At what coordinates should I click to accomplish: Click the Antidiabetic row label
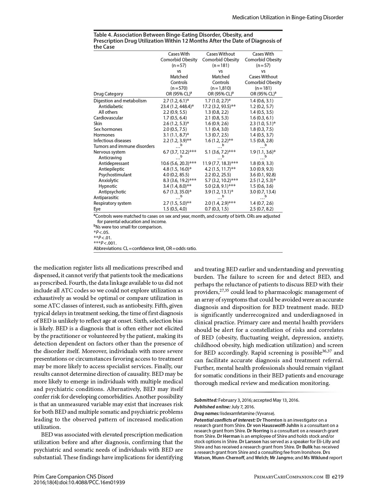click(111, 107)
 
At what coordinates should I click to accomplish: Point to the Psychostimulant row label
click(115, 175)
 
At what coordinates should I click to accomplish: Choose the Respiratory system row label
click(112, 203)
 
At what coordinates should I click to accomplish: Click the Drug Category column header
click(108, 94)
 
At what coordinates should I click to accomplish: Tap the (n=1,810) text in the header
click(220, 88)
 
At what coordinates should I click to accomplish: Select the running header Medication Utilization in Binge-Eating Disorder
click(287, 17)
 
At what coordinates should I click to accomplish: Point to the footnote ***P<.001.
click(105, 243)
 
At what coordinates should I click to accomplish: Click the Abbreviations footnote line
click(145, 248)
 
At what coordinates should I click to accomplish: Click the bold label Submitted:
click(206, 400)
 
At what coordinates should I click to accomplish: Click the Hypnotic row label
click(108, 186)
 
